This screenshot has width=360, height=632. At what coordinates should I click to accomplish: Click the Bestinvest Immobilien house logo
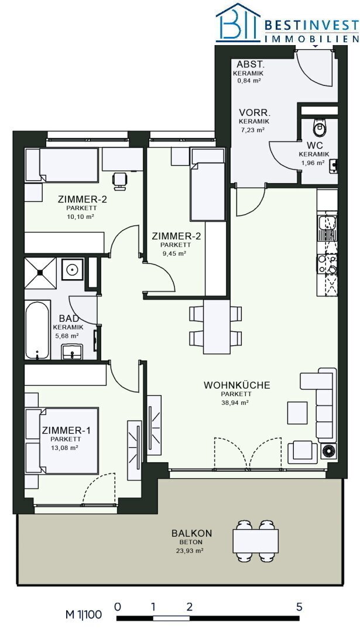[x=238, y=23]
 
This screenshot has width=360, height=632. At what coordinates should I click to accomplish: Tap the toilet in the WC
[x=320, y=126]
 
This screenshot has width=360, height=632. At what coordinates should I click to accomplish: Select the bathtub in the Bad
[x=37, y=330]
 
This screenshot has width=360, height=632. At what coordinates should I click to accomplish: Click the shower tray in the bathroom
[x=40, y=273]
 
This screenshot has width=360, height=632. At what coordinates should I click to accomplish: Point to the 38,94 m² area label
[x=236, y=402]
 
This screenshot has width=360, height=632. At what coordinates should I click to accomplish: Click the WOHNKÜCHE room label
[x=236, y=385]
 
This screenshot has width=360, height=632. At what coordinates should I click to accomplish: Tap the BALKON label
[x=192, y=533]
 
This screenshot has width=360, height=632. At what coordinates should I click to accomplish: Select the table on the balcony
[x=256, y=541]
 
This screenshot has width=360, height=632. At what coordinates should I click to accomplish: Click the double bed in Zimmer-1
[x=63, y=441]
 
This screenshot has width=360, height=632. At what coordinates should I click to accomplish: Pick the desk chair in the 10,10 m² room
[x=119, y=181]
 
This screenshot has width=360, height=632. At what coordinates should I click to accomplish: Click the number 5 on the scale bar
[x=299, y=607]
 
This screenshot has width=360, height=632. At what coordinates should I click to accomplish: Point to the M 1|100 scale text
[x=84, y=615]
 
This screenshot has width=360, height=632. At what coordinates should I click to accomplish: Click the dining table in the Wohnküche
[x=216, y=327]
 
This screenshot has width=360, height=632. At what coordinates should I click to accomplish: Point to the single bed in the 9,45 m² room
[x=207, y=184]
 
